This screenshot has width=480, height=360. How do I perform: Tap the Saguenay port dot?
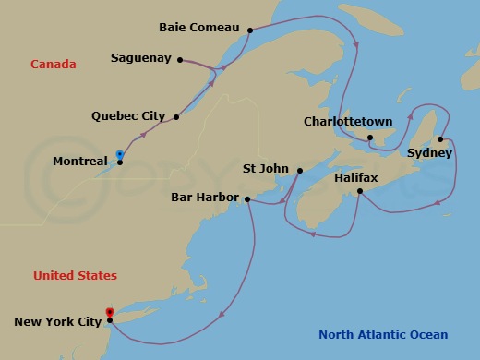[x=179, y=60]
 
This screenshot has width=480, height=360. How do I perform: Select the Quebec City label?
[x=128, y=116]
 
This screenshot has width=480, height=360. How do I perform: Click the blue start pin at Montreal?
[x=119, y=154]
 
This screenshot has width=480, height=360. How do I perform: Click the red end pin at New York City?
[x=109, y=313]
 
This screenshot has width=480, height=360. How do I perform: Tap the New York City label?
[x=56, y=321]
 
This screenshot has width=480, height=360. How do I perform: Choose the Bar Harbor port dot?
[x=246, y=198]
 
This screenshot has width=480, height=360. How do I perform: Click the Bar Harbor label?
[x=205, y=198]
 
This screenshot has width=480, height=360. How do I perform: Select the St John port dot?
[x=300, y=169]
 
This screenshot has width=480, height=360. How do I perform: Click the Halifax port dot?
[x=359, y=192]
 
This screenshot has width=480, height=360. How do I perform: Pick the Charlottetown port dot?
[x=369, y=138]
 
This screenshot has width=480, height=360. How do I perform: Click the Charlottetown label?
[x=348, y=121]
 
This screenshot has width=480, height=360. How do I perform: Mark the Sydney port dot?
[x=440, y=139]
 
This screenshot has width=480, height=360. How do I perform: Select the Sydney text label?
[x=429, y=153]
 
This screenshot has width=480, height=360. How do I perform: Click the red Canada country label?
[x=53, y=64]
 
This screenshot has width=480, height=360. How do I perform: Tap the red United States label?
[x=75, y=275]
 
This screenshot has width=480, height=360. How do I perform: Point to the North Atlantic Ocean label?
[x=383, y=335]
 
